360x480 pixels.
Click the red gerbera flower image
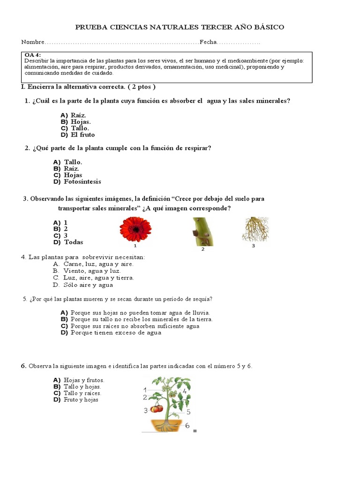pyautogui.click(x=135, y=229)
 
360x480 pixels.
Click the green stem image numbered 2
pyautogui.click(x=203, y=232)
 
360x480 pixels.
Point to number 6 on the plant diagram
pyautogui.click(x=187, y=426)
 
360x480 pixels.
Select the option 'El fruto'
pyautogui.click(x=82, y=135)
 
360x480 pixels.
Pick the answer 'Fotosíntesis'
pyautogui.click(x=82, y=181)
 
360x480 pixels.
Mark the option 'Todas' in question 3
pyautogui.click(x=73, y=242)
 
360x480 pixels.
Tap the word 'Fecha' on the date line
pyautogui.click(x=208, y=42)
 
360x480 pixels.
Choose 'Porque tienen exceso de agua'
pyautogui.click(x=116, y=332)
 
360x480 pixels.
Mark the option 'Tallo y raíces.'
pyautogui.click(x=82, y=393)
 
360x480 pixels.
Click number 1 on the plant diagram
pyautogui.click(x=145, y=390)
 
